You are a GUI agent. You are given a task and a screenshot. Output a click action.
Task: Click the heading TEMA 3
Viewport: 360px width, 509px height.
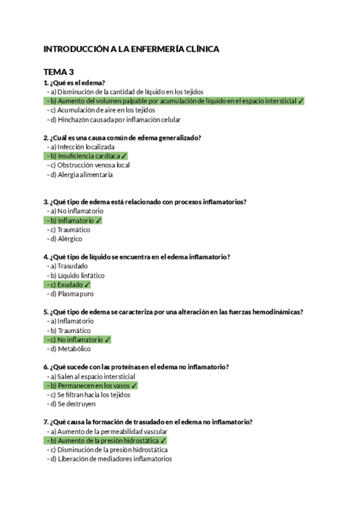click(58, 71)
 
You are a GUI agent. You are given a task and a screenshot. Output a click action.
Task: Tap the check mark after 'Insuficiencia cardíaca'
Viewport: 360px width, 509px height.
click(124, 156)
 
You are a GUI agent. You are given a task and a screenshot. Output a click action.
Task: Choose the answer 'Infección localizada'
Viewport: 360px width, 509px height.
click(86, 146)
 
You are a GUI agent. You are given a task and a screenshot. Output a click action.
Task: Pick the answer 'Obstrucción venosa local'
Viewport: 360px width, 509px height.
click(93, 165)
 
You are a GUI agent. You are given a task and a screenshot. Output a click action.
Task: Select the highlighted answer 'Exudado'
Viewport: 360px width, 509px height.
click(70, 285)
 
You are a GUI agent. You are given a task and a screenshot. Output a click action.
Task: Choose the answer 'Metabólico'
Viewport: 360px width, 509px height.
click(74, 349)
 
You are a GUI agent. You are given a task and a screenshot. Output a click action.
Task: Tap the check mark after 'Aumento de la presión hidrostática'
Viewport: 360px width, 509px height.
click(163, 441)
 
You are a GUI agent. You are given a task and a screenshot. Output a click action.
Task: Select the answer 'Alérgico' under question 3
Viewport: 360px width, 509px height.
click(71, 239)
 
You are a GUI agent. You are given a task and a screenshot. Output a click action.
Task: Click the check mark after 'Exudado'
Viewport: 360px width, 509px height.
click(87, 285)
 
